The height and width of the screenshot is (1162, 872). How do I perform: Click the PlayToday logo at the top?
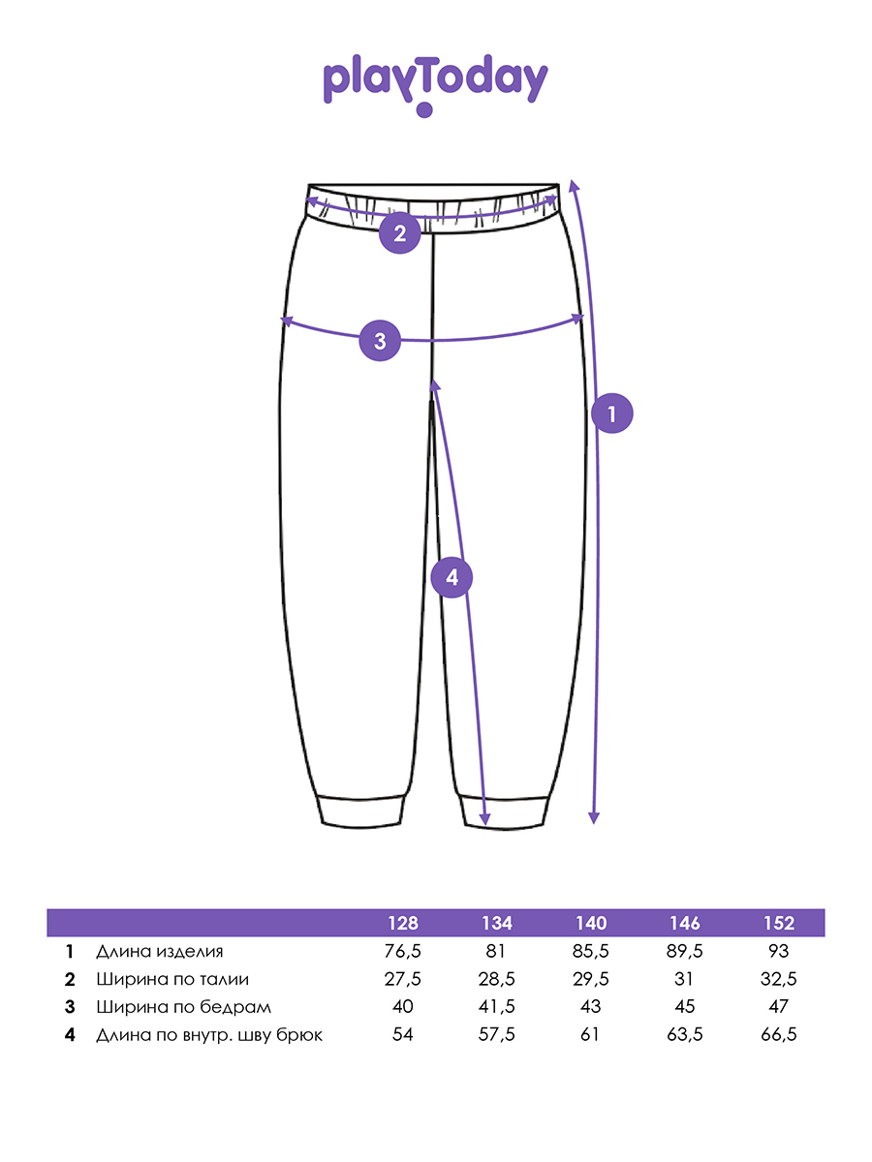point(435,83)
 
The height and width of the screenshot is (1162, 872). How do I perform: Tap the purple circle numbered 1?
point(611,414)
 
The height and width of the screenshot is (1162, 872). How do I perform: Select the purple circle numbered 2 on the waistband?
point(398,232)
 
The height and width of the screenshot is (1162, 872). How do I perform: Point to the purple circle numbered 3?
point(380,341)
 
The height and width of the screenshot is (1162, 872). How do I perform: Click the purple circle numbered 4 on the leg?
point(451,578)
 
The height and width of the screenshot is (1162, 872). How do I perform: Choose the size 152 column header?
point(778,923)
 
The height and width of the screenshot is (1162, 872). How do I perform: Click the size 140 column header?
point(591,923)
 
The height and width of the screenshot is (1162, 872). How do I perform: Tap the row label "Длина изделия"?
point(160,952)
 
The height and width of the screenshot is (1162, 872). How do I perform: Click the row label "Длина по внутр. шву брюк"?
point(209,1035)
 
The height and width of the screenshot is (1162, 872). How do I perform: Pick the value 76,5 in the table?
point(403,952)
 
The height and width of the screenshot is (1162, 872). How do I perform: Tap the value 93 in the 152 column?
point(778,952)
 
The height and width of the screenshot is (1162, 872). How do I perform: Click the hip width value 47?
point(778,1007)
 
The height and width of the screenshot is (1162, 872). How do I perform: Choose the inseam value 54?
point(403,1035)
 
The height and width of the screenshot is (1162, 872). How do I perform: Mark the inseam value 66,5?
point(778,1035)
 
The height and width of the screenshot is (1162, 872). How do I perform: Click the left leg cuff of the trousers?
point(362,810)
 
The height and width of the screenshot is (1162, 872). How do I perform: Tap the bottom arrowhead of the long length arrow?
point(594,818)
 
